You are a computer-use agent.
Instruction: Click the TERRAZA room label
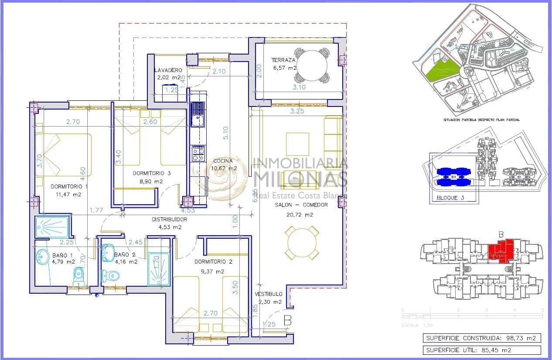coord(283,60)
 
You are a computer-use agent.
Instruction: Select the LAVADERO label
coord(168,70)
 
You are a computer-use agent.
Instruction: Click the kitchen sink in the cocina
coord(198,114)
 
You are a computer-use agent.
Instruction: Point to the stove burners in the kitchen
coord(198,153)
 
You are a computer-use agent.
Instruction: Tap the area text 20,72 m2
coord(300,215)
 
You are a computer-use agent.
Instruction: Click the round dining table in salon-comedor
coord(302,242)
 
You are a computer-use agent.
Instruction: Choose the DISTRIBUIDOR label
coord(169,219)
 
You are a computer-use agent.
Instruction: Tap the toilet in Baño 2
coord(111,275)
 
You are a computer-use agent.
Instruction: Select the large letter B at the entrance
coord(287,320)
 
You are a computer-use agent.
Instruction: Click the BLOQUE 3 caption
coord(447,198)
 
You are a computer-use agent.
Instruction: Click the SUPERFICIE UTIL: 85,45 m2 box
coord(482,350)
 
